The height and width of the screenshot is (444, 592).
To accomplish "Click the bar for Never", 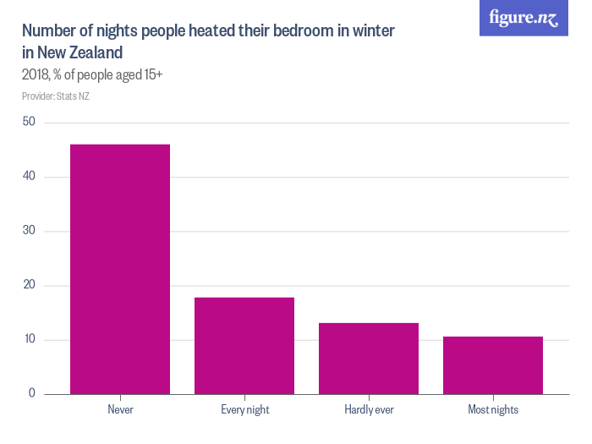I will (120, 269).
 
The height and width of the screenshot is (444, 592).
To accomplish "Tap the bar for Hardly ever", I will (369, 358).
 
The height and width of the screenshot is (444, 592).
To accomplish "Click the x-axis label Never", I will (120, 410).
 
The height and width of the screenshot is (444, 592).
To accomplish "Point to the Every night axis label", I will (244, 410).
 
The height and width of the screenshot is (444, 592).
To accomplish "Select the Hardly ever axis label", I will (369, 410).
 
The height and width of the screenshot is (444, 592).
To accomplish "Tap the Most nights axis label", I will (493, 410).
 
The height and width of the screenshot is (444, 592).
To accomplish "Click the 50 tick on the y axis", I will (29, 122).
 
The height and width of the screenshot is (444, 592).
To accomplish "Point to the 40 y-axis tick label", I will (29, 177).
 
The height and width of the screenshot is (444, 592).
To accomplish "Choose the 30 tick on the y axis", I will (29, 231).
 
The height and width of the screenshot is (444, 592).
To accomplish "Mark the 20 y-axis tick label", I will (29, 285).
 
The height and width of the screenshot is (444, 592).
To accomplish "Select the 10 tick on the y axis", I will (29, 340).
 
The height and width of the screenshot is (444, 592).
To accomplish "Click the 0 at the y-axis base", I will (32, 394).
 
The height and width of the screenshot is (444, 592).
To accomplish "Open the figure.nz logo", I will (524, 18).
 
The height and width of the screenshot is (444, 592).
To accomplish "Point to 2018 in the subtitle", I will (36, 75).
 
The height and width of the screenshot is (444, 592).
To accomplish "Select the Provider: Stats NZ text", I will (56, 96).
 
